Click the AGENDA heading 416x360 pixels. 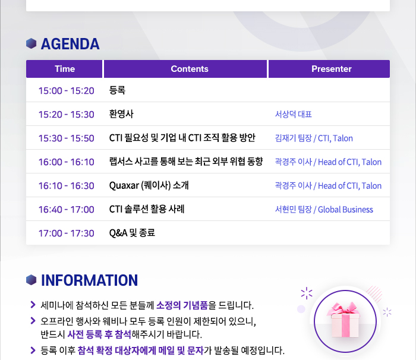(x=70, y=44)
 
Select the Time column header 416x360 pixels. (x=64, y=69)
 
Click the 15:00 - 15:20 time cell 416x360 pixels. (x=67, y=91)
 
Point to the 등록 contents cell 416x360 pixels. (x=117, y=90)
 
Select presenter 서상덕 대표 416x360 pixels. (x=293, y=114)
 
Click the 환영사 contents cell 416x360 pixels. (x=121, y=114)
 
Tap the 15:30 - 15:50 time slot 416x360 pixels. (x=67, y=138)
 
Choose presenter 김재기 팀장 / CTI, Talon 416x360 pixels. (x=314, y=138)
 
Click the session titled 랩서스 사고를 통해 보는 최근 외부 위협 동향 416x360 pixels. (x=186, y=162)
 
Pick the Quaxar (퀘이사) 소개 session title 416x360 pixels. (x=149, y=185)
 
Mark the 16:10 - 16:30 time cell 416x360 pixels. (x=67, y=186)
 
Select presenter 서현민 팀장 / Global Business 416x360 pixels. (x=324, y=210)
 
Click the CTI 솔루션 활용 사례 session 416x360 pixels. (x=147, y=209)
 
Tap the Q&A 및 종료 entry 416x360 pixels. (x=132, y=233)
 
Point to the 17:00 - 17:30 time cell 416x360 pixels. (x=67, y=233)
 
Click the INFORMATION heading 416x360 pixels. (x=89, y=280)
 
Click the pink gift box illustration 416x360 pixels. (x=344, y=320)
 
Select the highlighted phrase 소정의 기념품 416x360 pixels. (x=182, y=305)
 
